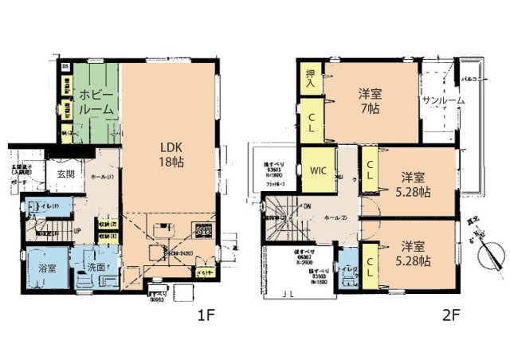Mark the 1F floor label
206,315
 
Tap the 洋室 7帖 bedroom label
371,102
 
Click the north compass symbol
490,256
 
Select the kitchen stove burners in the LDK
199,232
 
